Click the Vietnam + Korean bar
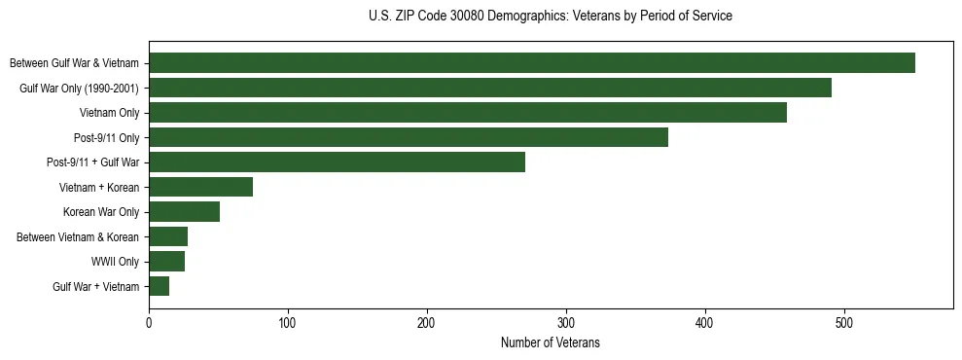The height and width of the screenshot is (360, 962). point(200,187)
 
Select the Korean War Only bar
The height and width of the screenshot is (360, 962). point(184,212)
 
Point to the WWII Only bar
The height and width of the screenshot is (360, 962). point(166,262)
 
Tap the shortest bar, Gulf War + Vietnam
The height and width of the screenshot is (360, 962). point(159,286)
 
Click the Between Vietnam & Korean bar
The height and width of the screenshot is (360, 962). point(168,236)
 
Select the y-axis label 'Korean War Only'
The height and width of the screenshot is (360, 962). point(101,212)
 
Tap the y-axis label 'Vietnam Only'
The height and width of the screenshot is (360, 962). point(109,113)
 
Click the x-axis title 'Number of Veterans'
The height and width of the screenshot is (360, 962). point(550,343)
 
